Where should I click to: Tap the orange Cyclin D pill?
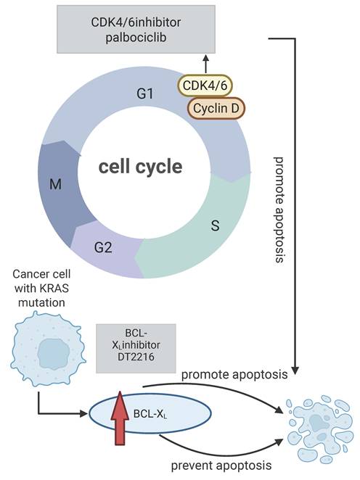click(x=216, y=108)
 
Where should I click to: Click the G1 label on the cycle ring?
click(x=146, y=93)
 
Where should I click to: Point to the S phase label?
click(x=216, y=226)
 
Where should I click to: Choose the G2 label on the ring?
click(x=103, y=247)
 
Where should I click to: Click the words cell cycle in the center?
click(x=141, y=166)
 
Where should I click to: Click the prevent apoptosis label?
click(x=216, y=464)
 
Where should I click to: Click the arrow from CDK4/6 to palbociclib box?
click(x=207, y=65)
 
